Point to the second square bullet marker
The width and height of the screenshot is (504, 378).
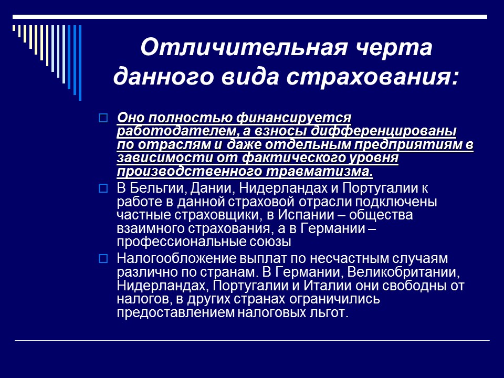[103, 187]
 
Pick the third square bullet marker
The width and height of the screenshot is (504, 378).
[103, 258]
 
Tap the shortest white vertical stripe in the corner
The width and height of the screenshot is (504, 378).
[15, 29]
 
